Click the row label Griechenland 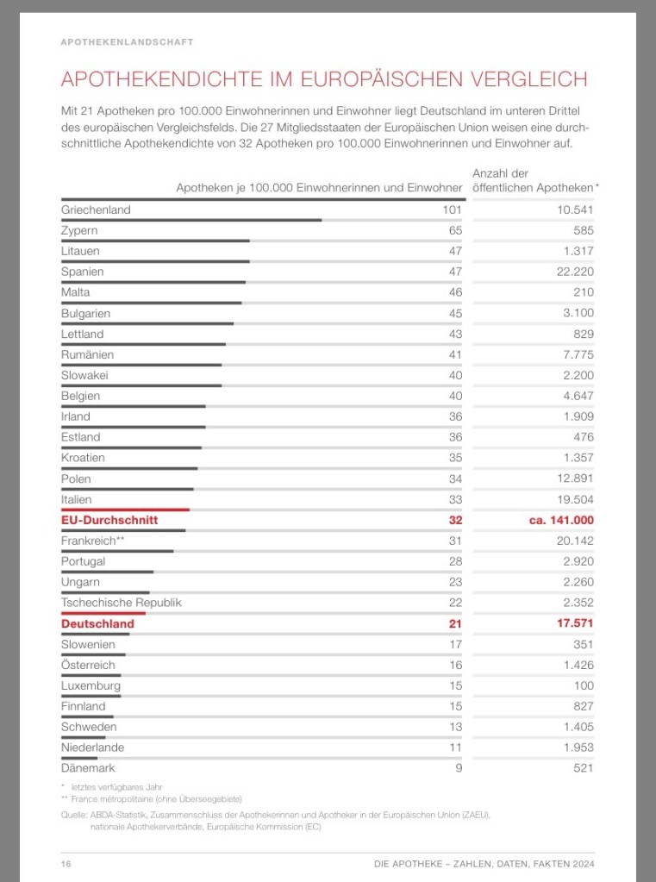[96, 210]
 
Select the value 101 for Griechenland [452, 210]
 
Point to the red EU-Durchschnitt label [109, 520]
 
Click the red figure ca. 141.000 [561, 520]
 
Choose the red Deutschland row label [97, 623]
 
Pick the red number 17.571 [572, 623]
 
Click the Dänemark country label [88, 767]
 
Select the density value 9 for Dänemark [458, 767]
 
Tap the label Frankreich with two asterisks [93, 541]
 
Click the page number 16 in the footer [66, 864]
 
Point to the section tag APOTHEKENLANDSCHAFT [127, 41]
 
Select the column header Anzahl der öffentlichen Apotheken [534, 181]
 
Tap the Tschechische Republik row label [122, 603]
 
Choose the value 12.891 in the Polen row [572, 479]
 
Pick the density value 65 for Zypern [454, 230]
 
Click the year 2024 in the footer [582, 864]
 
